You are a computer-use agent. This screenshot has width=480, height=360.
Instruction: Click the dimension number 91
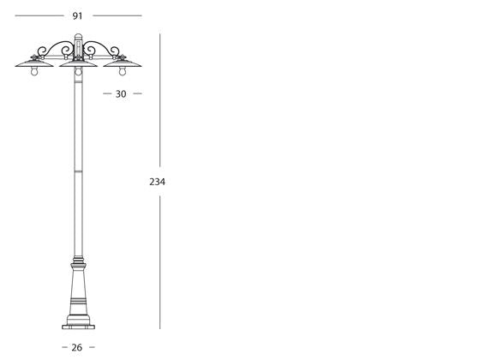[77, 16]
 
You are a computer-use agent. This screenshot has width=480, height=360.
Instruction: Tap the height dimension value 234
[157, 182]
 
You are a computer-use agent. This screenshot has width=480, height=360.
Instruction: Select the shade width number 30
[121, 94]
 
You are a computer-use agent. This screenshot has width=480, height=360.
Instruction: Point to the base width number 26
[77, 347]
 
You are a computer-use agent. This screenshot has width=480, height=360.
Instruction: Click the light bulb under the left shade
[34, 71]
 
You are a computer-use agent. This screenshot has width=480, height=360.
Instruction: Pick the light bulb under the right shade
[123, 71]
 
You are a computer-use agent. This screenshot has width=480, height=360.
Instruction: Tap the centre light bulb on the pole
[78, 71]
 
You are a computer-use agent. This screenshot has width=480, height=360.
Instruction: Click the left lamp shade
[34, 63]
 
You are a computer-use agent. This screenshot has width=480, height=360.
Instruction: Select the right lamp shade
[123, 63]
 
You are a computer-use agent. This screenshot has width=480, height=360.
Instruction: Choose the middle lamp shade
[78, 63]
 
